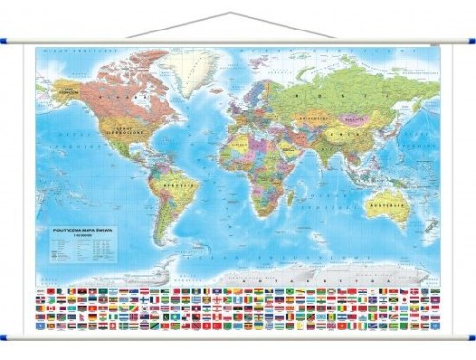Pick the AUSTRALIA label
387,205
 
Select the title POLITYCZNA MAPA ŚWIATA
74,230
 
